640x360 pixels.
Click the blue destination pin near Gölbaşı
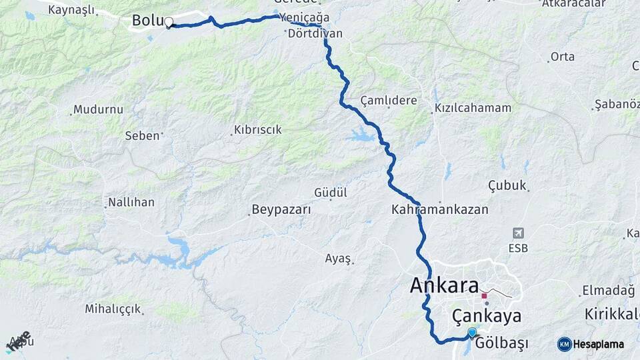coord(472,333)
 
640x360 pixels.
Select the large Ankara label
coord(444,286)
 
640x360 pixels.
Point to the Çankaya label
coord(486,315)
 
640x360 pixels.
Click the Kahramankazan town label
coord(440,209)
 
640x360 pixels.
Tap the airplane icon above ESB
coord(518,233)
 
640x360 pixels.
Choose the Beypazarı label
coord(281,210)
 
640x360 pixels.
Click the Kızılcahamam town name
coord(473,108)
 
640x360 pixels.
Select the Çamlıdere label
coord(389,101)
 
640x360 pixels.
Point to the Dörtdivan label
coord(315,33)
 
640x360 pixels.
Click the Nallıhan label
coord(131,201)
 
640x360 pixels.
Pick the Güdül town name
coord(331,193)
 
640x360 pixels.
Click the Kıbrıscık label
coord(258,130)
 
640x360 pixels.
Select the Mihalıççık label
coord(113,309)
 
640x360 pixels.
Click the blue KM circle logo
coord(564,344)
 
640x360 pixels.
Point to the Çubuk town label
coord(507,185)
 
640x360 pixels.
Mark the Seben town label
coord(142,135)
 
